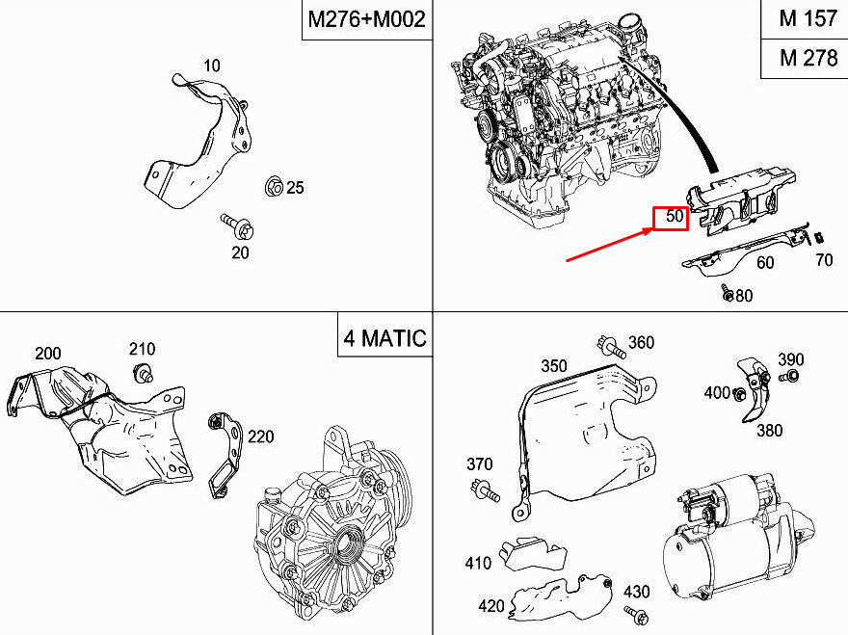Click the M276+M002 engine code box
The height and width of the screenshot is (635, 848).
click(x=367, y=20)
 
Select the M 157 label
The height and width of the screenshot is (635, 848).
click(x=808, y=19)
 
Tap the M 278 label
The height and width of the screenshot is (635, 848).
click(x=808, y=58)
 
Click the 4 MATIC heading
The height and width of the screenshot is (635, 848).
click(x=385, y=338)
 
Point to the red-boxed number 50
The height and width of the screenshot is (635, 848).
click(x=671, y=219)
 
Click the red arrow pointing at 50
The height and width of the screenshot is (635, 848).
click(x=609, y=245)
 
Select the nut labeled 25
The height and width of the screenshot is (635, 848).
click(x=275, y=187)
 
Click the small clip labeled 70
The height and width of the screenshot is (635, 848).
click(x=819, y=237)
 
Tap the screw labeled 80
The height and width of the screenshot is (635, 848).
click(x=727, y=293)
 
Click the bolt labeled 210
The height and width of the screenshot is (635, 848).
click(x=143, y=373)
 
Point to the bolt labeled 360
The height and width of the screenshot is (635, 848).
click(x=611, y=346)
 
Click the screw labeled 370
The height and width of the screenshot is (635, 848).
click(x=485, y=491)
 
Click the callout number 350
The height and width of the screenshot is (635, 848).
click(x=554, y=366)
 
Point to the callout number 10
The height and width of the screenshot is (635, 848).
click(x=212, y=66)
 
